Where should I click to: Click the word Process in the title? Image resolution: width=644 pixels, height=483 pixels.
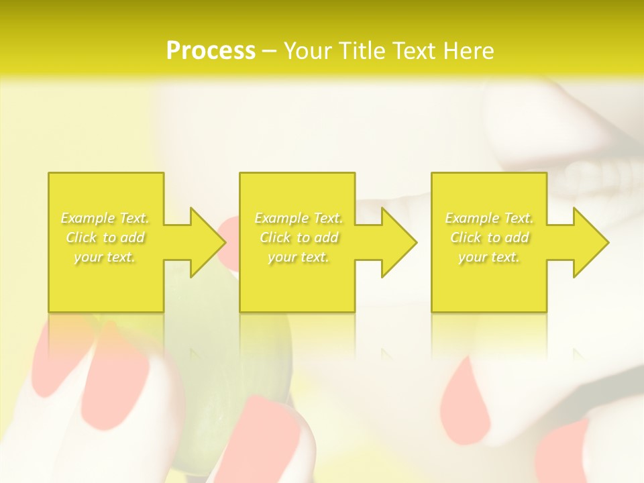(x=211, y=51)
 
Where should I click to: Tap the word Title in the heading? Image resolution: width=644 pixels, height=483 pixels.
(x=363, y=51)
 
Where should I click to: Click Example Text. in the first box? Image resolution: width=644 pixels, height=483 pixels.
(x=105, y=218)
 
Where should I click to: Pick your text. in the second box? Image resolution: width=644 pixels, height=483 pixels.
(x=299, y=257)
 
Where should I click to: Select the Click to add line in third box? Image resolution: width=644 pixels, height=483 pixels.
(x=489, y=237)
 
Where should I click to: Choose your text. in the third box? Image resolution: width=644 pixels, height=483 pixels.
(x=489, y=257)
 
